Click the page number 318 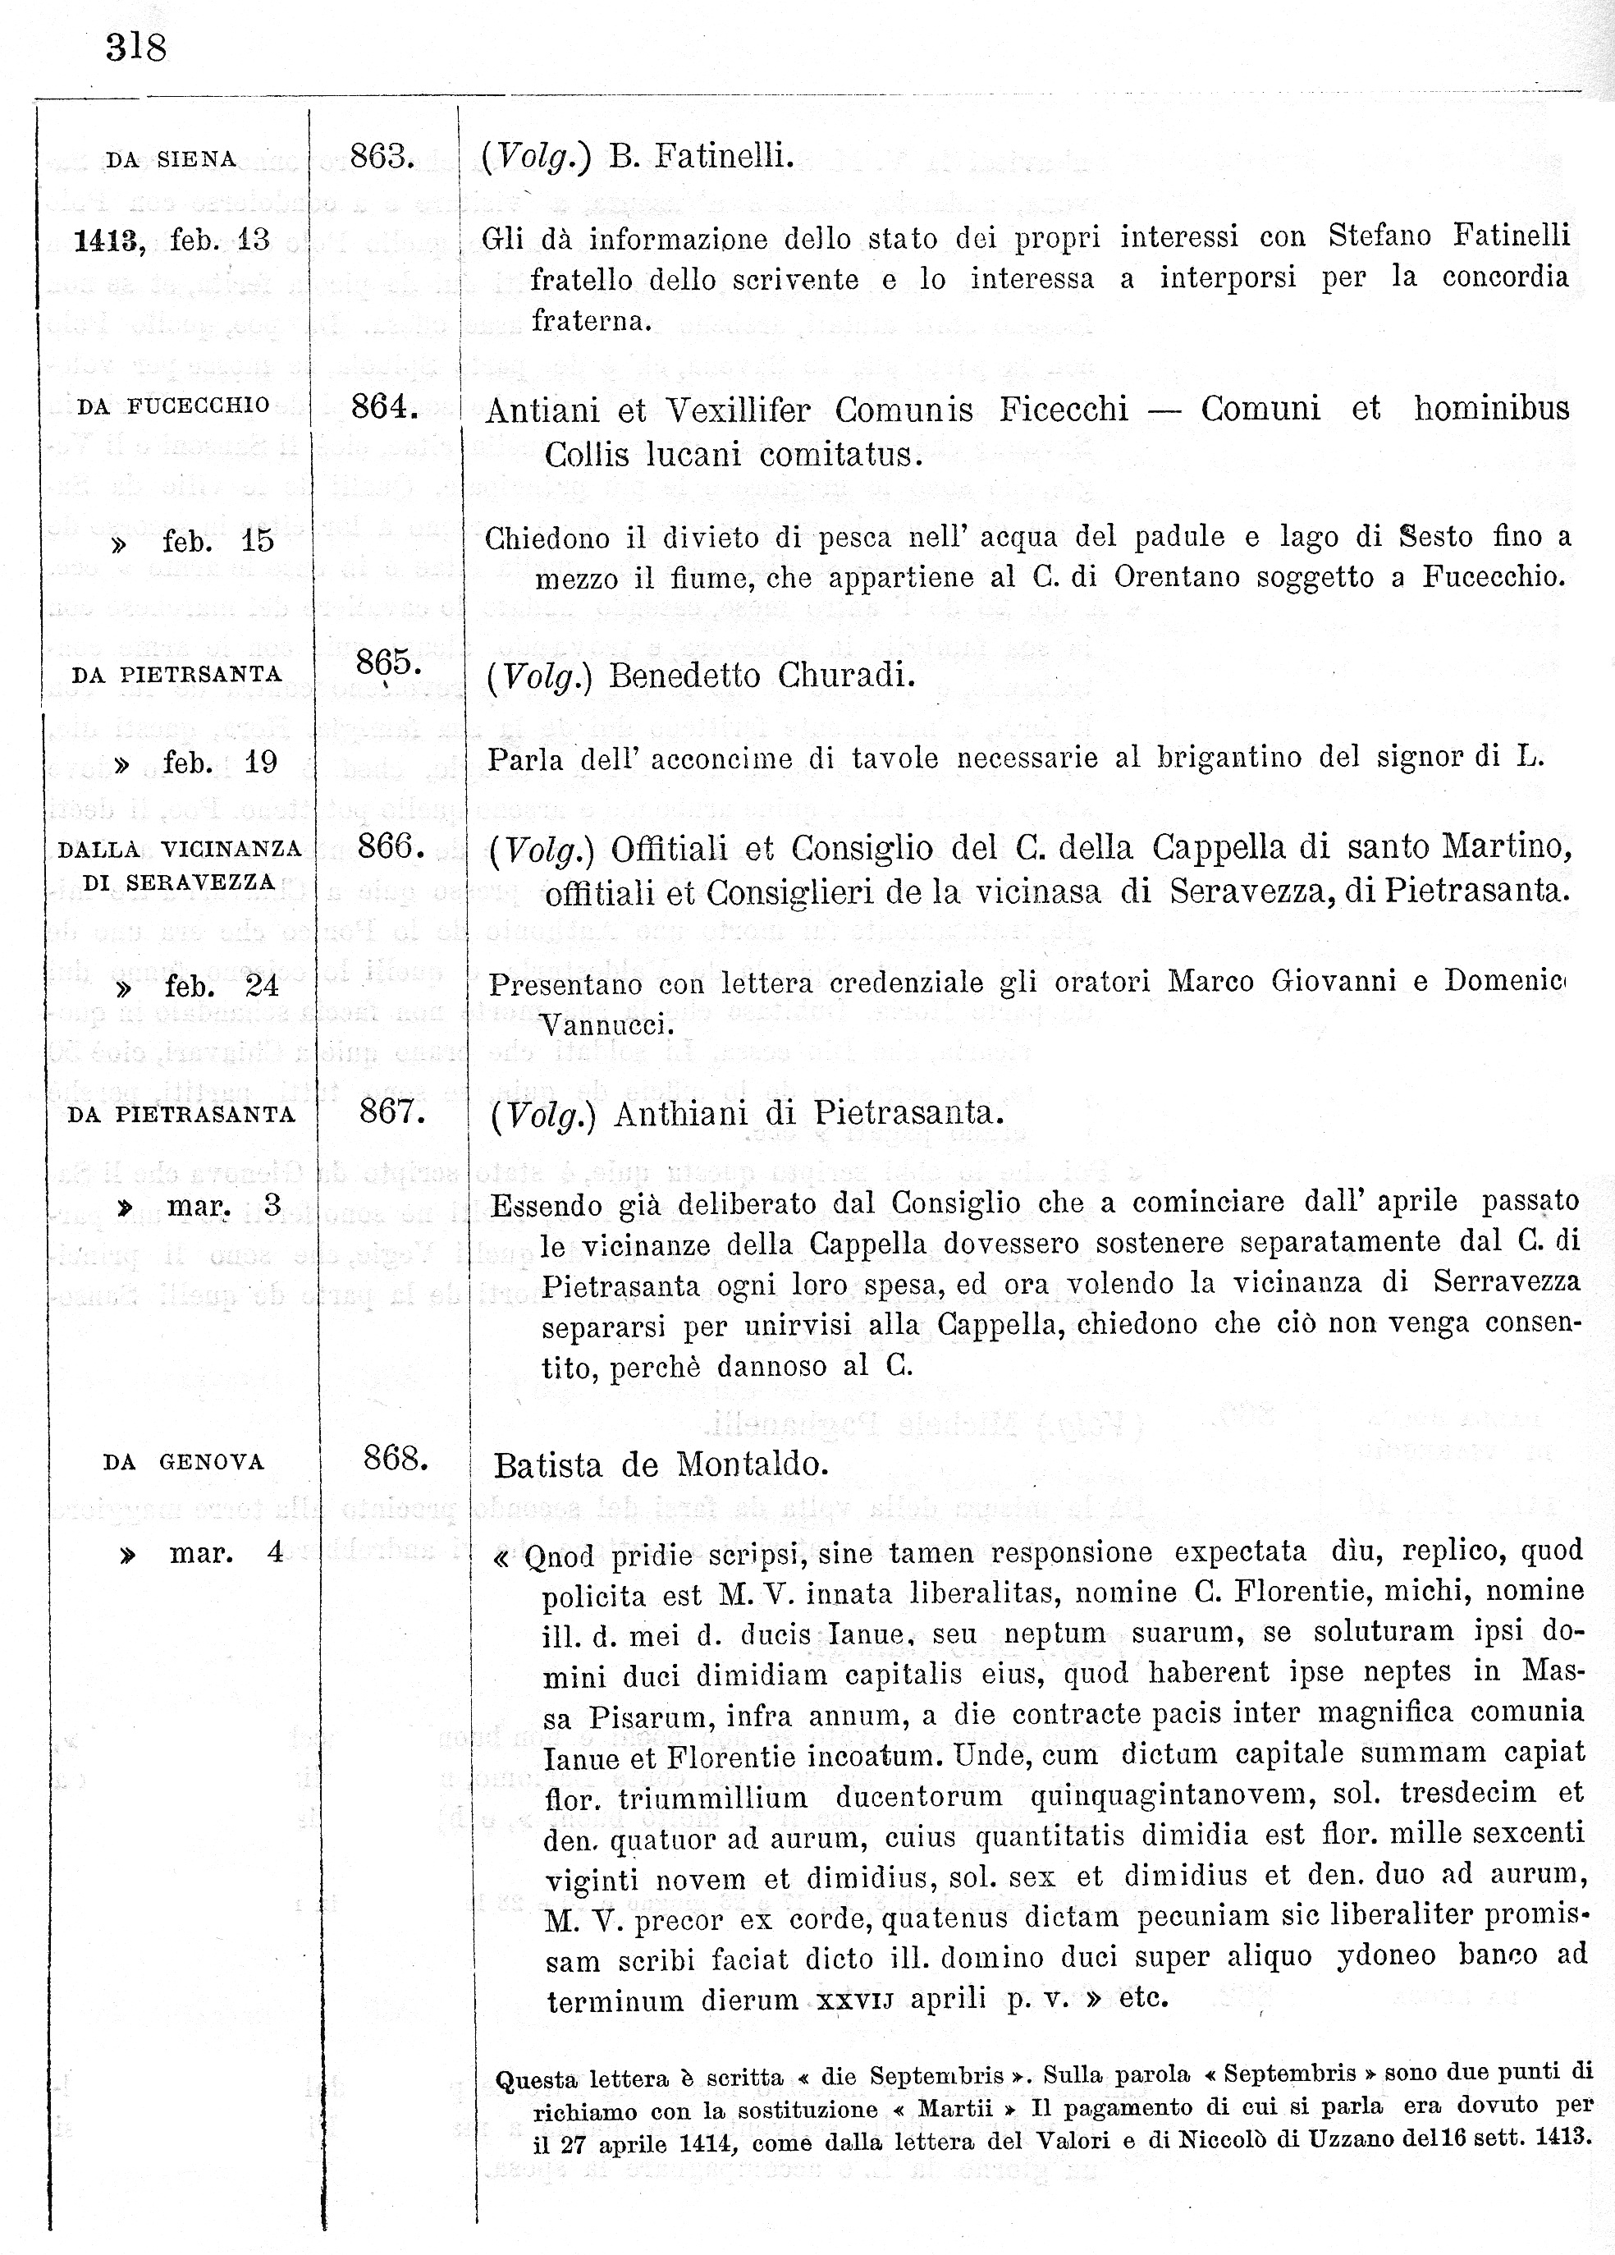tap(136, 48)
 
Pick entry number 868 tap(396, 1459)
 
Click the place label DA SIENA tap(171, 160)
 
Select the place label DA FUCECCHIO tap(173, 406)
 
